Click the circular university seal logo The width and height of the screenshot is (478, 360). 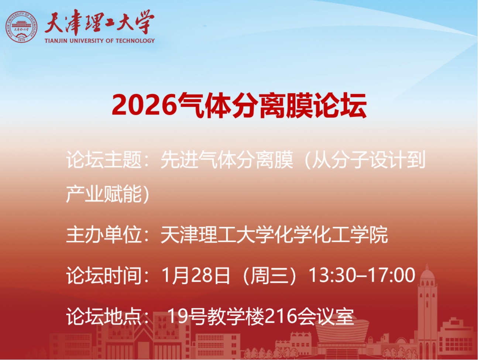pyautogui.click(x=21, y=27)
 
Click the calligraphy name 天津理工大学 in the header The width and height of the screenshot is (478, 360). pyautogui.click(x=99, y=23)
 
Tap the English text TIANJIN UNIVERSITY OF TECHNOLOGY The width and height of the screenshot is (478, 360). pyautogui.click(x=100, y=41)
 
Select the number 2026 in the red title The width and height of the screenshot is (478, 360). pyautogui.click(x=144, y=105)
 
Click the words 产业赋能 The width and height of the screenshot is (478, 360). pyautogui.click(x=104, y=194)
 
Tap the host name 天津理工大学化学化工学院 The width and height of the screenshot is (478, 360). pyautogui.click(x=274, y=235)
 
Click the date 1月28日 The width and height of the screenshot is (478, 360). pyautogui.click(x=196, y=275)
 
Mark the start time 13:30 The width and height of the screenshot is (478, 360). pyautogui.click(x=332, y=275)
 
